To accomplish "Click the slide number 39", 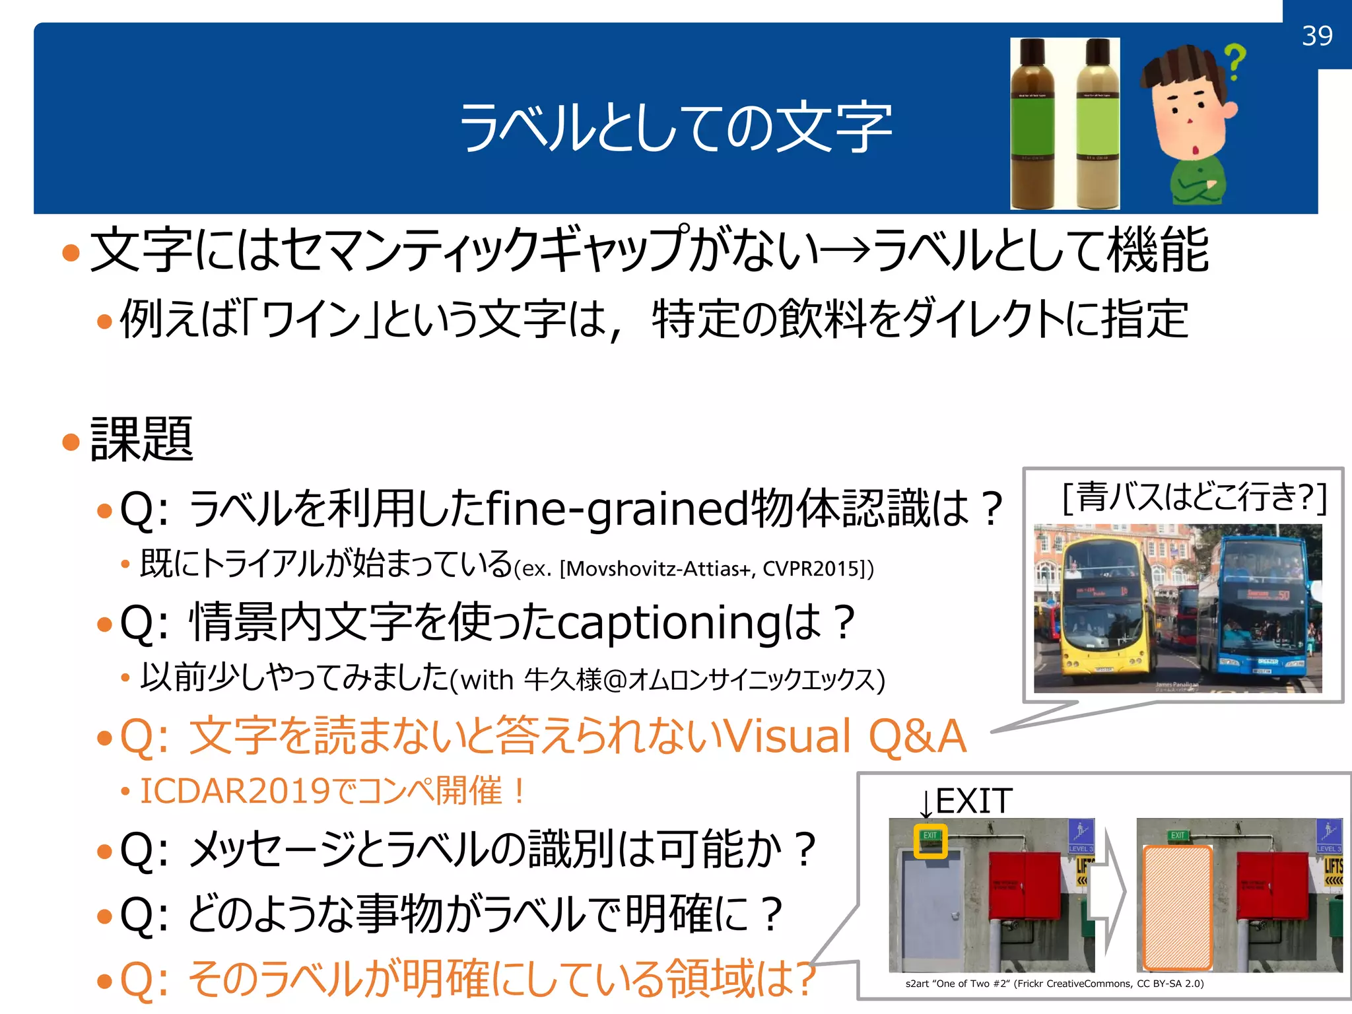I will click(1317, 36).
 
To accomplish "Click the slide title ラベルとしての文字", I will click(675, 127).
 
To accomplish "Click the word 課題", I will click(141, 439).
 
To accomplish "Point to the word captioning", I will click(669, 623).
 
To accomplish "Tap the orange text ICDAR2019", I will click(234, 791).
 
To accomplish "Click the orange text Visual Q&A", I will click(844, 736).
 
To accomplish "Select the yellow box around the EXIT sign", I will click(930, 840).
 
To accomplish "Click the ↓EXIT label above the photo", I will click(965, 801).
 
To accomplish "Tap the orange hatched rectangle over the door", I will click(1177, 908).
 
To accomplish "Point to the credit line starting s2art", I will click(1054, 983).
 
